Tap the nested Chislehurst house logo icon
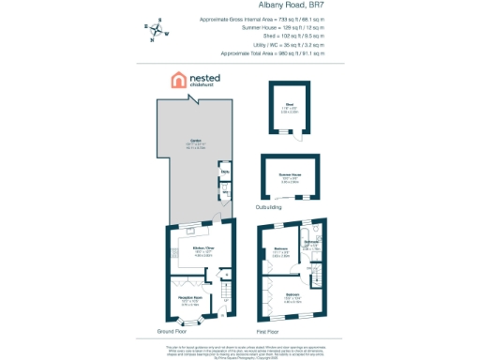(177, 81)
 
